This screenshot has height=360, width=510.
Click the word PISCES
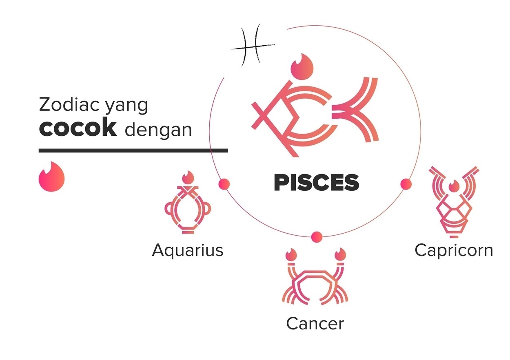pyautogui.click(x=316, y=183)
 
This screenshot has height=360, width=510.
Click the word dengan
pyautogui.click(x=158, y=130)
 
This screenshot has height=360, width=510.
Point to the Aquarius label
pyautogui.click(x=188, y=250)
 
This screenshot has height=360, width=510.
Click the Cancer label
pyautogui.click(x=315, y=323)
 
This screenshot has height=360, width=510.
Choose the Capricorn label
pyautogui.click(x=454, y=250)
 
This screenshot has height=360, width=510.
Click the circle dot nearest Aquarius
pyautogui.click(x=224, y=184)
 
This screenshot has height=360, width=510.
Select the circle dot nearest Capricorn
pyautogui.click(x=406, y=184)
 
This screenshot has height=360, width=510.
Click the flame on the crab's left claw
pyautogui.click(x=290, y=255)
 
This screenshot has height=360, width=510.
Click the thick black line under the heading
pyautogui.click(x=133, y=150)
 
